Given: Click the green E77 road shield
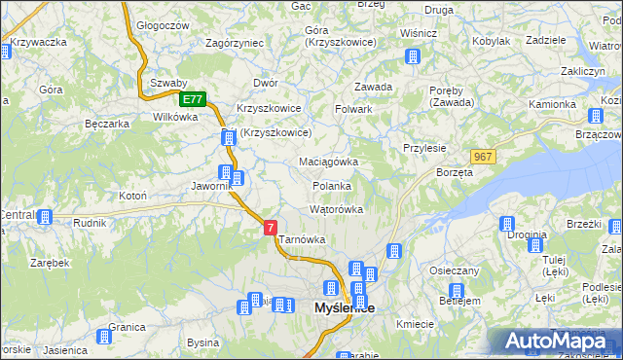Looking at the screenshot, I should [x=192, y=99].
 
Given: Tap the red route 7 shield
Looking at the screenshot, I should [x=270, y=227].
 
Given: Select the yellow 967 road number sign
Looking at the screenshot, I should [x=482, y=157].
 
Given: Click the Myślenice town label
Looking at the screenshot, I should [x=345, y=307].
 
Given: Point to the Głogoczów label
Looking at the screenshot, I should [x=162, y=26].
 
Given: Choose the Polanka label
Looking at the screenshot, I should [x=332, y=185].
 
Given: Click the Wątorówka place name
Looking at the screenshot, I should [x=336, y=209].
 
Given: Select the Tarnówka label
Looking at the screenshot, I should [x=302, y=239].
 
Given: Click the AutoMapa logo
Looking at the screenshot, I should [x=556, y=342].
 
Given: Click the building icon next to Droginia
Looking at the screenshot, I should [x=507, y=225].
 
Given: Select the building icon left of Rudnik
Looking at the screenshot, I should [x=44, y=217].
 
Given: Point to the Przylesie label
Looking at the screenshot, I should [x=424, y=148].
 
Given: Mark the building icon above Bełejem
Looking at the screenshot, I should [x=455, y=290].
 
